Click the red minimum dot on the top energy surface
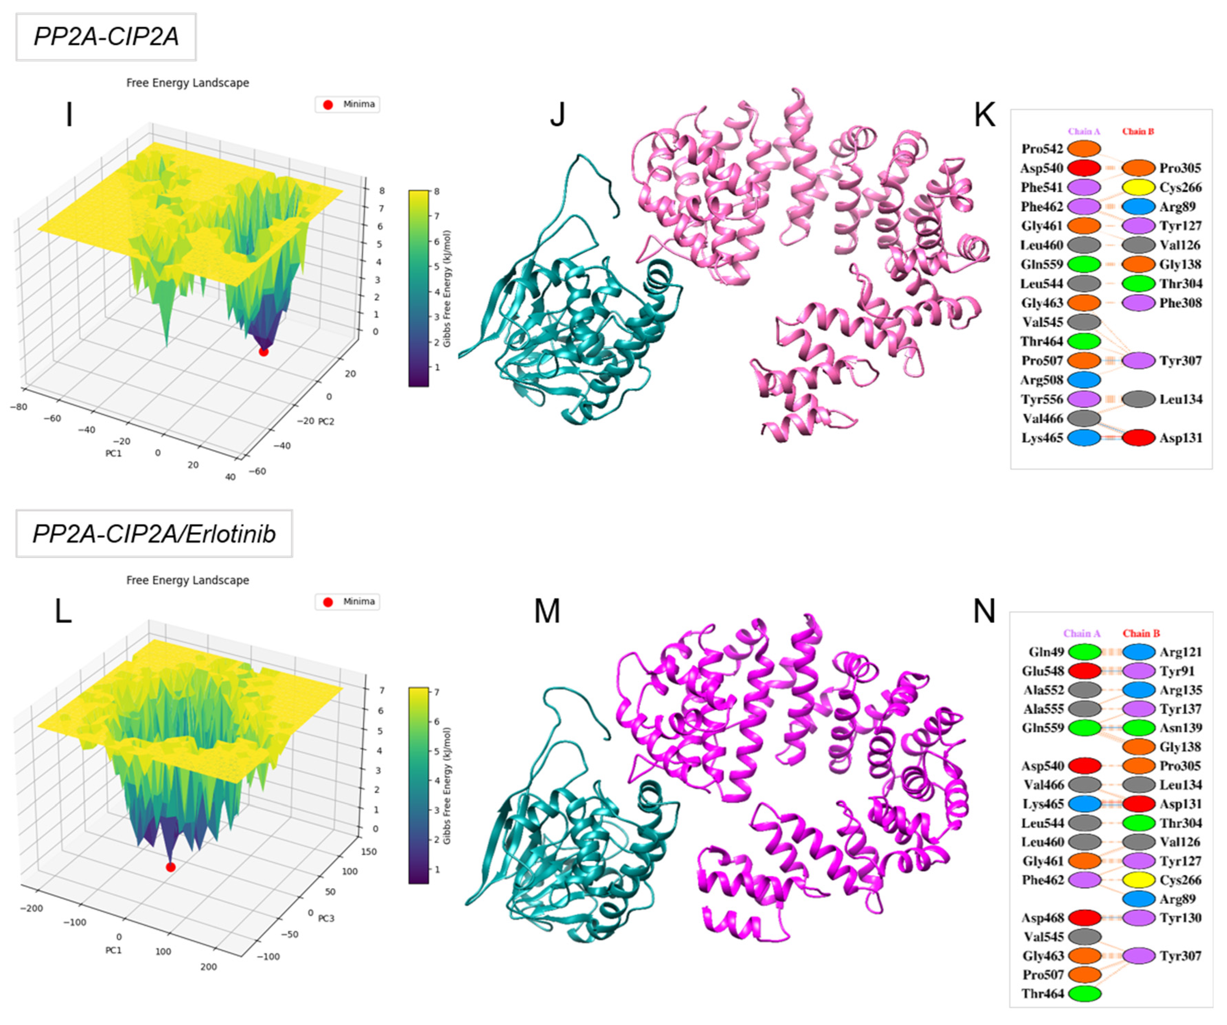pyautogui.click(x=264, y=352)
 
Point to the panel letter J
pyautogui.click(x=558, y=115)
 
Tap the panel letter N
pyautogui.click(x=984, y=611)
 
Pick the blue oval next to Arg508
pyautogui.click(x=1084, y=380)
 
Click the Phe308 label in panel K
pyautogui.click(x=1180, y=303)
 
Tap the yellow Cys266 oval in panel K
pyautogui.click(x=1139, y=187)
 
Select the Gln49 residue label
pyautogui.click(x=1046, y=652)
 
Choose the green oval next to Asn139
pyautogui.click(x=1139, y=728)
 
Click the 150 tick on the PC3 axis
pyautogui.click(x=369, y=852)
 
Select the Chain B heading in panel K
pyautogui.click(x=1138, y=131)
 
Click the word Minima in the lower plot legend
pyautogui.click(x=359, y=602)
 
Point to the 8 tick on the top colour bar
pyautogui.click(x=436, y=191)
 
